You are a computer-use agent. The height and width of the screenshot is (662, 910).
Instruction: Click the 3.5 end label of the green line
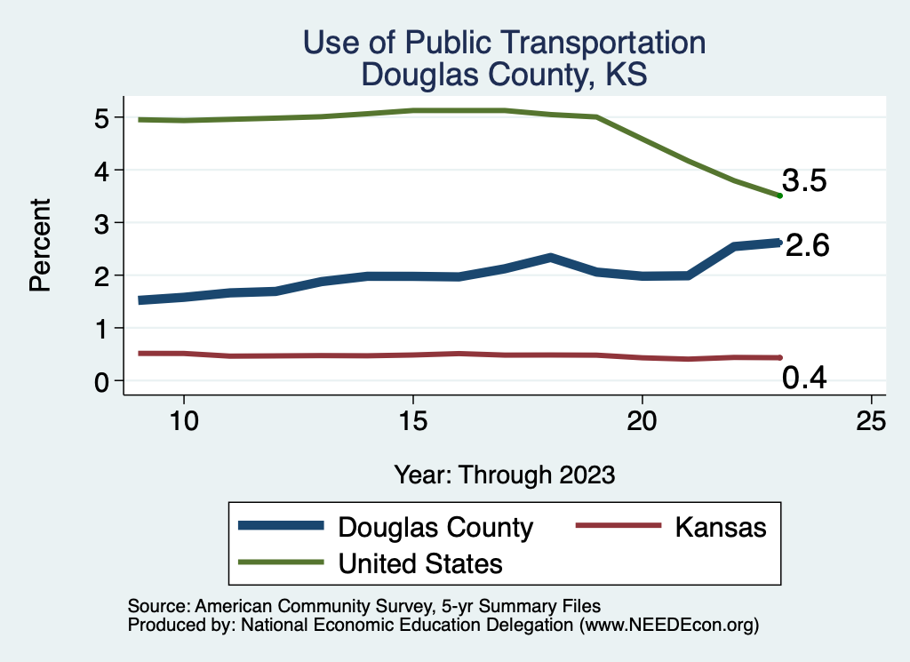click(x=804, y=181)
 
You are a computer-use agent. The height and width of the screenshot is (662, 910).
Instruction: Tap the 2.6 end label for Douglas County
click(x=807, y=245)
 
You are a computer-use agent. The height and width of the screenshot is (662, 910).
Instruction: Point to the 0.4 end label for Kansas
click(x=804, y=379)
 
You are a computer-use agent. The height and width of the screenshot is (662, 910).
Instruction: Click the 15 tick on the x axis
click(x=412, y=421)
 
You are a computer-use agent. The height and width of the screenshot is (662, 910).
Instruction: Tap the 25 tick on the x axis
click(x=871, y=421)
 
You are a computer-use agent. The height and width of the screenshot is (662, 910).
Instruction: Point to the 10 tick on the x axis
click(x=183, y=421)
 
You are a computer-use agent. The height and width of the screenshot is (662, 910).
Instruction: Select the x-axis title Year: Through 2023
click(x=505, y=475)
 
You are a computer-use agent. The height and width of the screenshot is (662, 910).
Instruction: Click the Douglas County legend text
click(x=435, y=528)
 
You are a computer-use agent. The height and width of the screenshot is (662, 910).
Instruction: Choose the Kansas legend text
click(x=720, y=527)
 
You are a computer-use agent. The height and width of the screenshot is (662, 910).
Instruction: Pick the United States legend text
click(x=420, y=563)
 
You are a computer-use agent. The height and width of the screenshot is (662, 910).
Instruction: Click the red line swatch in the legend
click(x=619, y=527)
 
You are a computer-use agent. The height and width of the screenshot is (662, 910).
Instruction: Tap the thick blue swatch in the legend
click(x=281, y=527)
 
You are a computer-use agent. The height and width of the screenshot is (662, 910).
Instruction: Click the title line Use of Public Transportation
click(x=504, y=43)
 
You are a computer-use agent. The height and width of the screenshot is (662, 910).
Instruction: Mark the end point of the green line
click(x=779, y=195)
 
